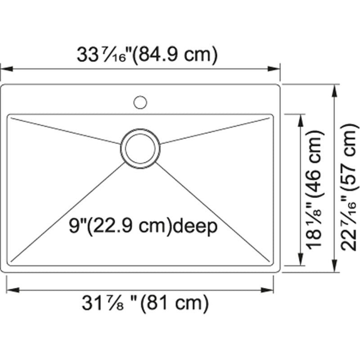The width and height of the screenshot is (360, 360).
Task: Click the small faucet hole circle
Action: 140,102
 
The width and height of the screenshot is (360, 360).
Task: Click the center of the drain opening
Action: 140,148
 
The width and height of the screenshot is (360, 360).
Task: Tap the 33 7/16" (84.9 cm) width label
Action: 147,55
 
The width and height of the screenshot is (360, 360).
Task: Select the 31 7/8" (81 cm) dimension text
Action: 145,304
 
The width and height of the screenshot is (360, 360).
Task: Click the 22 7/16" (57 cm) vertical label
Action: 349,189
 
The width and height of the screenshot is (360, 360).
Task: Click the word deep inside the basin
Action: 196,226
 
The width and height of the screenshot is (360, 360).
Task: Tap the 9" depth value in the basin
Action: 76,226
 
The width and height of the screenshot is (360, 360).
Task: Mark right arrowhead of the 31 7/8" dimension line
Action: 269,290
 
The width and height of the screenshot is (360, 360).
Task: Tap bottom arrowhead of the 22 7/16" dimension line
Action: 334,266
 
